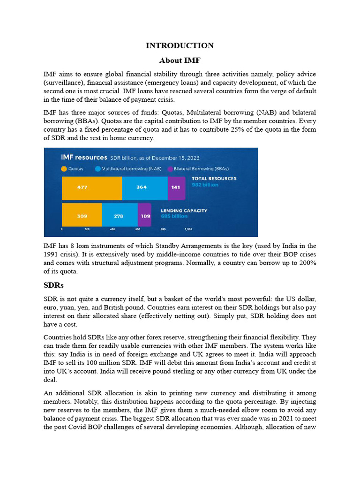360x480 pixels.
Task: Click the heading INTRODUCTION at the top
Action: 180,45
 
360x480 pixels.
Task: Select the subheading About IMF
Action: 180,60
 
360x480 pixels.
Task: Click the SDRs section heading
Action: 53,285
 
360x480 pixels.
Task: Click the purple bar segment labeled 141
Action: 176,187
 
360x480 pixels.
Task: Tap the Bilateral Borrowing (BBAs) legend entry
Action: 185,169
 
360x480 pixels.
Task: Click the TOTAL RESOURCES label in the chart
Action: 214,179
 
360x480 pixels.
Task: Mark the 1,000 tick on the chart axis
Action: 188,230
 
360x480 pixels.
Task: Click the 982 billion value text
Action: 205,185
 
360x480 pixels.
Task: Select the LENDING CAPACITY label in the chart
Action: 184,211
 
